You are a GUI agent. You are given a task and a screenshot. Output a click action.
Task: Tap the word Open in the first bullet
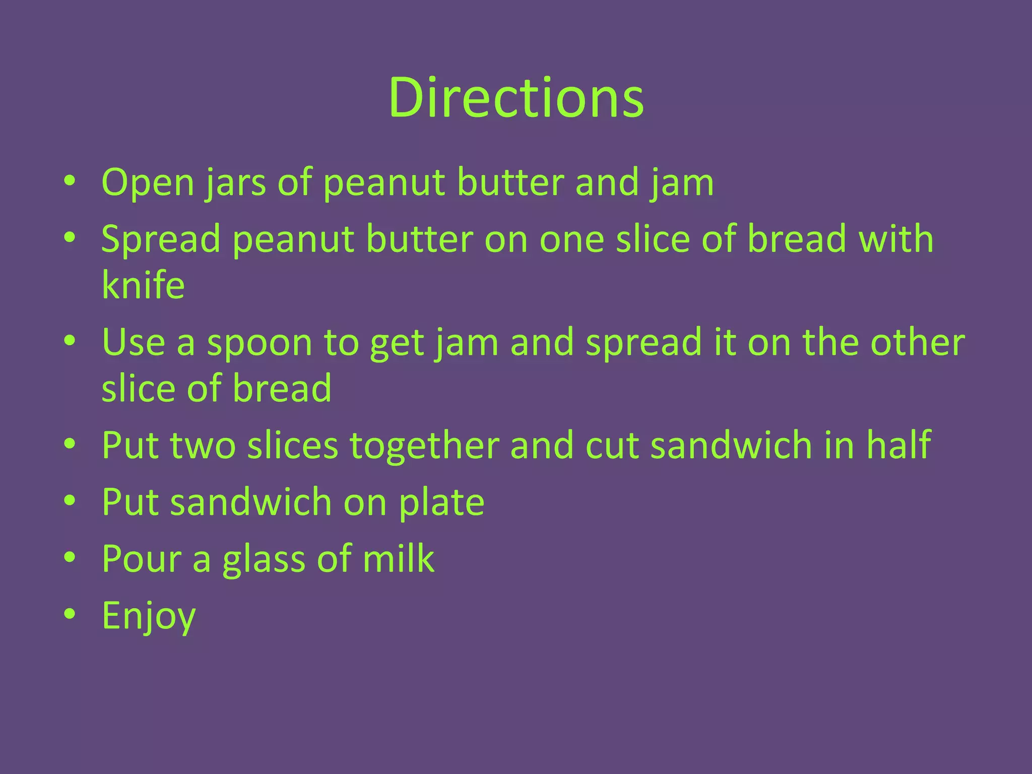(x=148, y=182)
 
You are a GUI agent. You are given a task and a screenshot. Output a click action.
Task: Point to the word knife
(x=143, y=285)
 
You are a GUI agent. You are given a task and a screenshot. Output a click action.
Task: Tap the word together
(x=424, y=446)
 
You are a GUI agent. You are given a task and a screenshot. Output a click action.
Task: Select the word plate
(x=441, y=502)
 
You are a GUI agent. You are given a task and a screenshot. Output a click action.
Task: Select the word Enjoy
(x=149, y=616)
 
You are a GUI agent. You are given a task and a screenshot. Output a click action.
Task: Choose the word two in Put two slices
(x=203, y=446)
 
